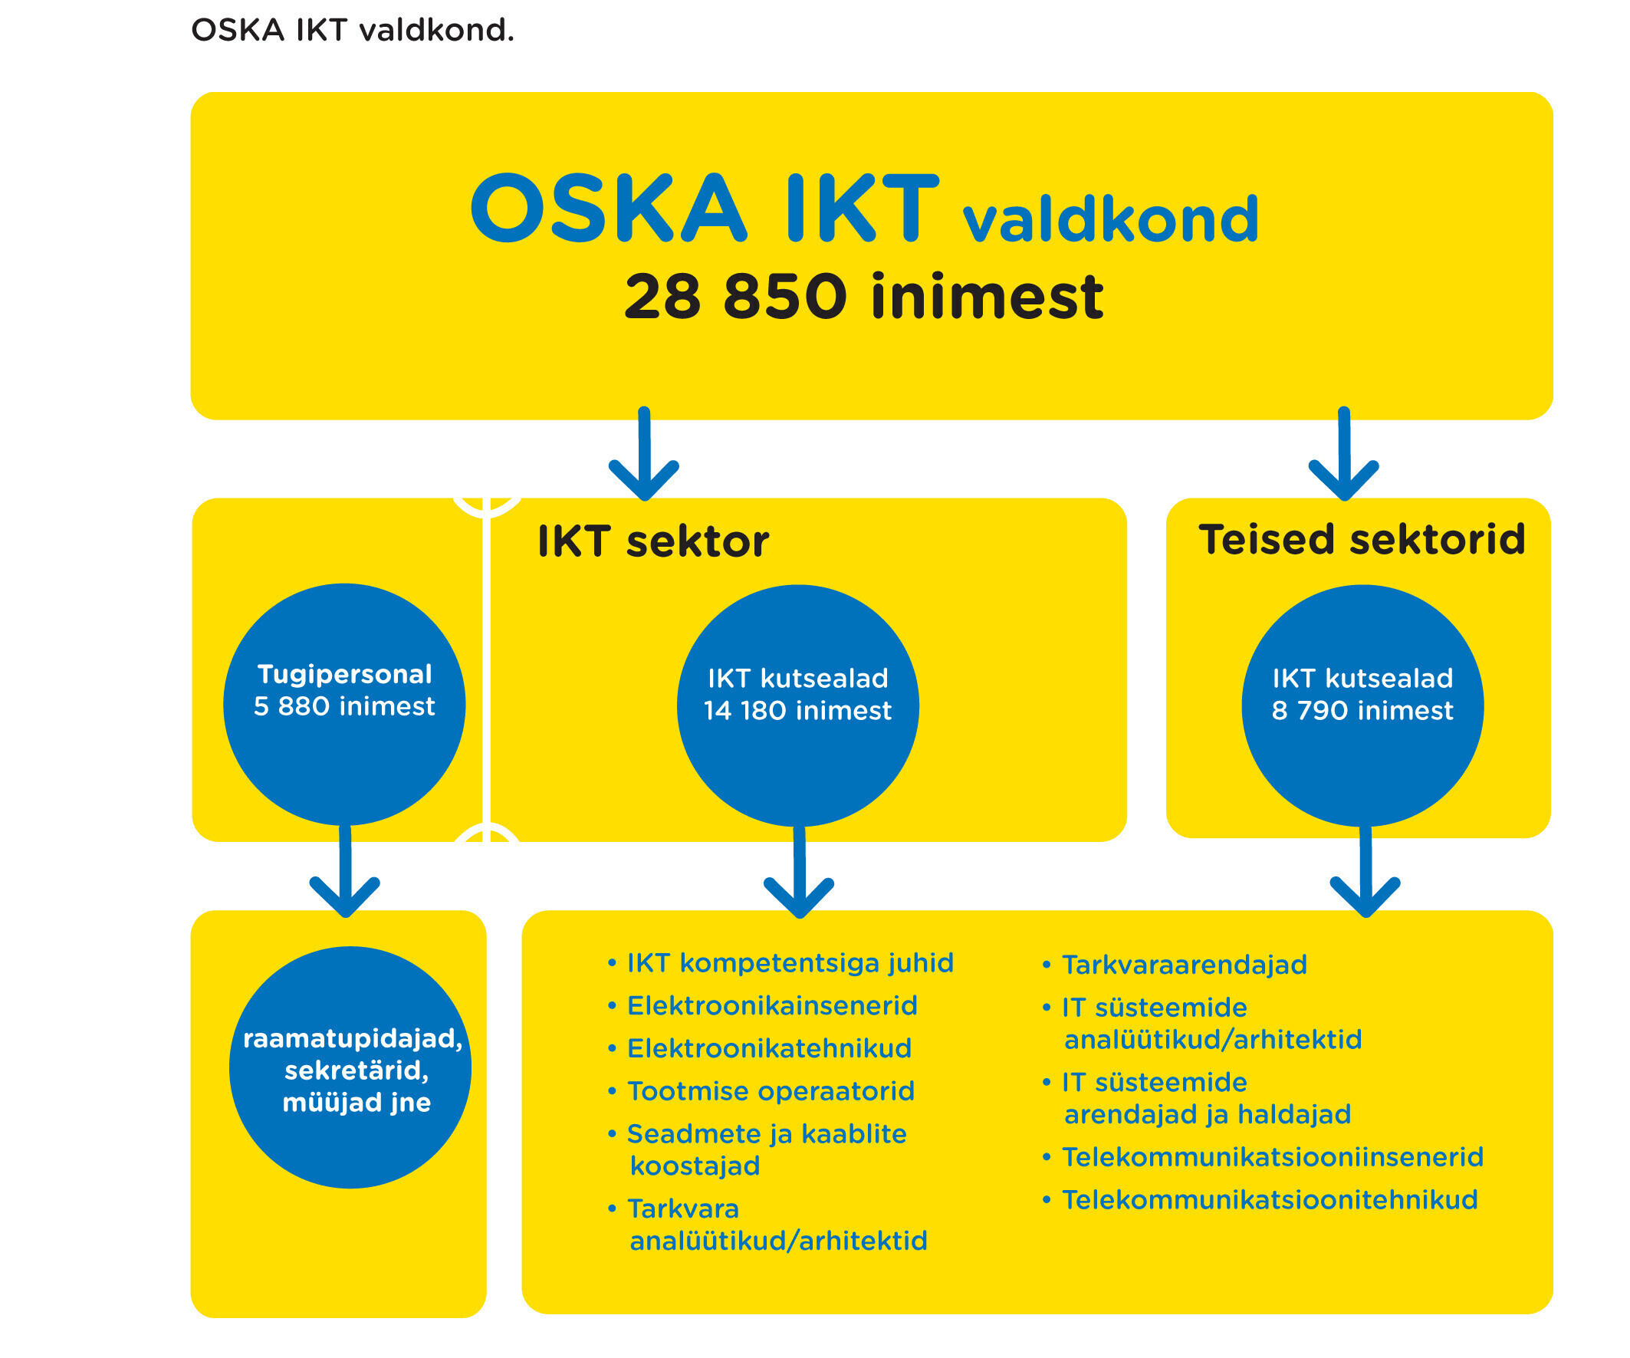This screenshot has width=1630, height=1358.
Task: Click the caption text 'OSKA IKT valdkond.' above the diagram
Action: [x=353, y=30]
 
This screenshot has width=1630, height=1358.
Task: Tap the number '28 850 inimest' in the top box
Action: [x=864, y=297]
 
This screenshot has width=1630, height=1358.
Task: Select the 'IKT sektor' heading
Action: [x=652, y=541]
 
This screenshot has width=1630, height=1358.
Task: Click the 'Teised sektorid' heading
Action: [x=1362, y=539]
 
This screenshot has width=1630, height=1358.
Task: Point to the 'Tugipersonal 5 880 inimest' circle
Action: [x=344, y=704]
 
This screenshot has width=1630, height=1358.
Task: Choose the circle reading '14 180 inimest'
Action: [x=798, y=705]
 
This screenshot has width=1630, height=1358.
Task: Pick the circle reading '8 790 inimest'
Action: [x=1363, y=705]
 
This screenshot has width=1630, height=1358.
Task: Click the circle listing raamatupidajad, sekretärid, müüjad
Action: [x=350, y=1067]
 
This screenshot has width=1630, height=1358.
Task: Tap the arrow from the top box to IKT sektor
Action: [x=644, y=453]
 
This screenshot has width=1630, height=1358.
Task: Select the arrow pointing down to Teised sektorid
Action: [x=1344, y=453]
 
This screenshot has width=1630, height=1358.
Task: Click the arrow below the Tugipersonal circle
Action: [x=344, y=871]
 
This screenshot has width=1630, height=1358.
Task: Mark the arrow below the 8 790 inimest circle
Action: [x=1365, y=871]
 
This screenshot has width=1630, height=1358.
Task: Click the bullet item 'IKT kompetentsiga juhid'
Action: [x=780, y=963]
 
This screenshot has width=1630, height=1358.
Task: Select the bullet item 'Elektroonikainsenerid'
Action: [x=762, y=1005]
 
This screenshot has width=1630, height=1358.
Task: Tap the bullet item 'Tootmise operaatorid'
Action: [x=761, y=1091]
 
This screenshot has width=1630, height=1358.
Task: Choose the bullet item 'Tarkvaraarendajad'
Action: [x=1175, y=965]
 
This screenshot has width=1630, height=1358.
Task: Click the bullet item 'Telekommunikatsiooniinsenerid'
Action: [x=1263, y=1157]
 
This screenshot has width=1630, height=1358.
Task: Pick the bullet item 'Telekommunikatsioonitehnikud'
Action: [x=1260, y=1199]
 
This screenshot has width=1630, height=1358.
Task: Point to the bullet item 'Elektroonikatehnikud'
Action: [x=759, y=1048]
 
